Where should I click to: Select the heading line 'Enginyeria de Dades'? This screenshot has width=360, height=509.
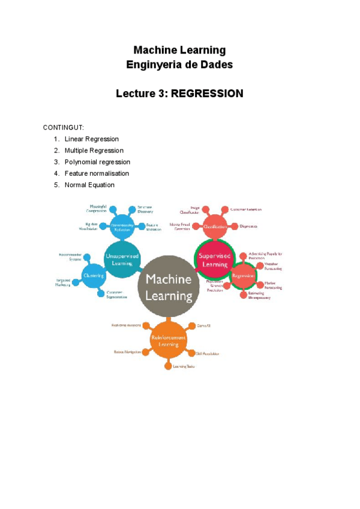[x=179, y=64]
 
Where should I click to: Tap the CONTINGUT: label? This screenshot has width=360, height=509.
[x=64, y=128]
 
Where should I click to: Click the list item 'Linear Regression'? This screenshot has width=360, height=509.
[x=92, y=139]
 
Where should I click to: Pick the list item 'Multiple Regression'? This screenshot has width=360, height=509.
[x=94, y=151]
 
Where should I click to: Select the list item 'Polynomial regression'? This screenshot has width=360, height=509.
[x=97, y=162]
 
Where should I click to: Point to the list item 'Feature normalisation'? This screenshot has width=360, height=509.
[x=97, y=173]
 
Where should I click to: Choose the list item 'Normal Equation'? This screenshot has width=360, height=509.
[x=89, y=185]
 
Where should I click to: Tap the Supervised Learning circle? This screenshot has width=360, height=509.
[x=214, y=259]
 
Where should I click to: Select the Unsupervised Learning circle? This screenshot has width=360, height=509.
[x=122, y=259]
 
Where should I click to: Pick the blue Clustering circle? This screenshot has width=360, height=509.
[x=94, y=276]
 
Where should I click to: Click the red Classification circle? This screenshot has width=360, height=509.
[x=214, y=227]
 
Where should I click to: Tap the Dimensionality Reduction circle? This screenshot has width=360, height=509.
[x=122, y=227]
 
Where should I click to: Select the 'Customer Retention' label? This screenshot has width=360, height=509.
[x=246, y=209]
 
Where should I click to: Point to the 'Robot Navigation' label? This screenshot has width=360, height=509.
[x=127, y=351]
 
